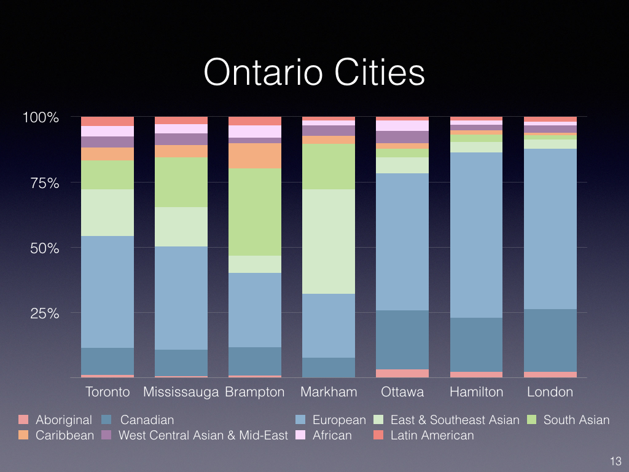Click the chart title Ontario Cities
314,73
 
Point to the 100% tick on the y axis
41,117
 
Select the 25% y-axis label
43,313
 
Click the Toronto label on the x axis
107,392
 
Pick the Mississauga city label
181,392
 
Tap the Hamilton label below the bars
476,392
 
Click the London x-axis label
550,392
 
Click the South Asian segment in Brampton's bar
254,212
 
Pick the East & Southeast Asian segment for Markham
329,242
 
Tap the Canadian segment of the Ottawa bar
402,340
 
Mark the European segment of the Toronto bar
107,292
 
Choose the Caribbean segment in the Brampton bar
254,156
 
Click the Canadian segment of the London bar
550,340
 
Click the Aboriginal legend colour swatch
23,420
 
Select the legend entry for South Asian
576,420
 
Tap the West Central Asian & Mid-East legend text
203,436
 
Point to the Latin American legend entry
432,436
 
